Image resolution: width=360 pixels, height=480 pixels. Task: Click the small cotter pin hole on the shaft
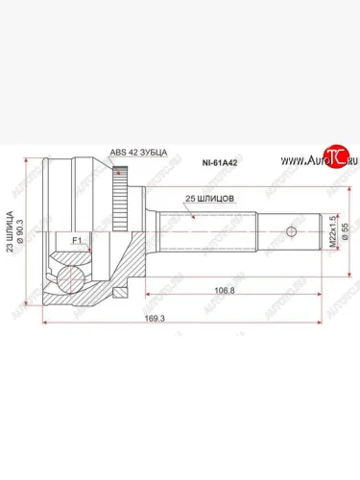tap(290, 231)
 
